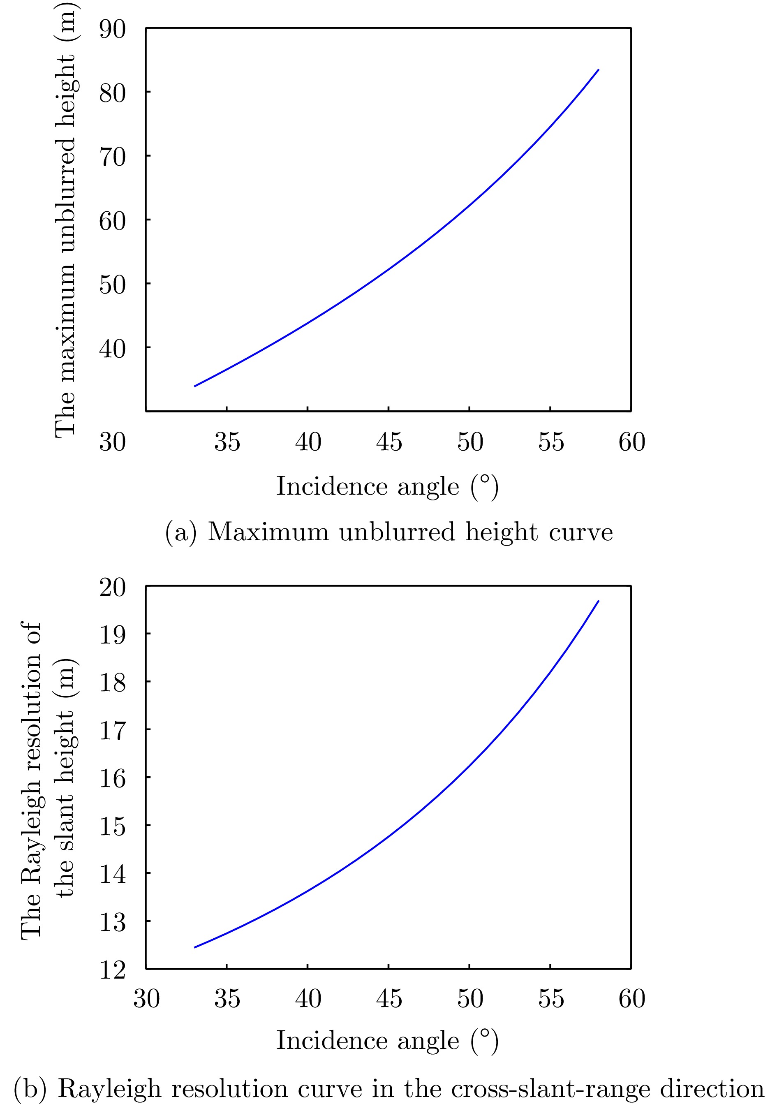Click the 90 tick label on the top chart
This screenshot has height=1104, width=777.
[x=112, y=30]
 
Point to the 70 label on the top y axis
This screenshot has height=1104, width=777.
[x=112, y=157]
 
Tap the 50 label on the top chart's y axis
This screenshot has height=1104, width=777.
[x=112, y=285]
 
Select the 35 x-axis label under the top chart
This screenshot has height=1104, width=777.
[x=227, y=442]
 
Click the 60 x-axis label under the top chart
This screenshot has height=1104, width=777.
[x=632, y=442]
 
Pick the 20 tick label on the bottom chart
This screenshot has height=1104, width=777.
[x=112, y=587]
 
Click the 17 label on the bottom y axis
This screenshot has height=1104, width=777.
[x=112, y=731]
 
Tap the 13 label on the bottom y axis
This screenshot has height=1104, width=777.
[x=112, y=922]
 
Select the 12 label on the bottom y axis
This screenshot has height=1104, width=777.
[x=112, y=970]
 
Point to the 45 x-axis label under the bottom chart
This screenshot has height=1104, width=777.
[x=389, y=999]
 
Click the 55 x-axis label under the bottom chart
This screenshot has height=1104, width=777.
[x=551, y=999]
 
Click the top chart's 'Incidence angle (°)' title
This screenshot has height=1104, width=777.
[x=387, y=486]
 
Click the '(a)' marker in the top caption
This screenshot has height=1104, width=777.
[x=181, y=533]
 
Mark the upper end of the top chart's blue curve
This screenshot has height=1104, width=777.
[x=598, y=70]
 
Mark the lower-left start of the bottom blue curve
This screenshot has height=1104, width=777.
[x=195, y=947]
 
